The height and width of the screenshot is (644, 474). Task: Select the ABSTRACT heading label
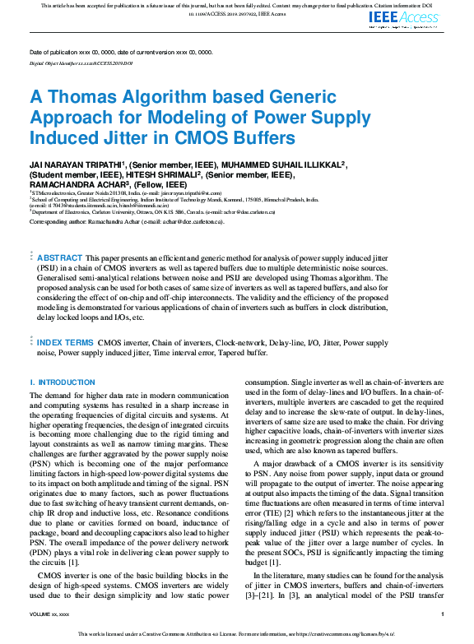(x=60, y=257)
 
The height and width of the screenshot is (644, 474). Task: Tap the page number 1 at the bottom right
(x=442, y=614)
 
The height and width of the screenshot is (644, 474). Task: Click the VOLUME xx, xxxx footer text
(x=49, y=614)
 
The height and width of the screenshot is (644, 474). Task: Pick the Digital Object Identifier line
(x=81, y=63)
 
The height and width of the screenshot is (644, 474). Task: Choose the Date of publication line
(x=121, y=52)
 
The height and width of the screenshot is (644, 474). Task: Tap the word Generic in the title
(x=253, y=96)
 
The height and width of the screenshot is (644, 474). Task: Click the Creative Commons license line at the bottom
(x=237, y=634)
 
